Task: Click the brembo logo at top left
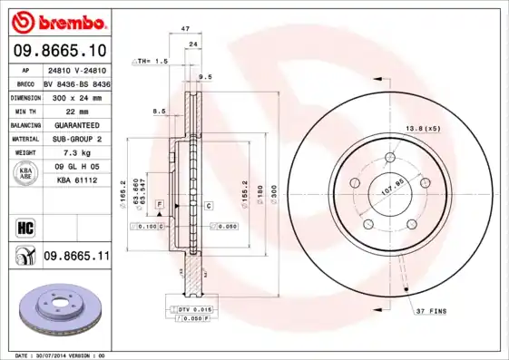(60, 21)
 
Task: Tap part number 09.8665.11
(75, 257)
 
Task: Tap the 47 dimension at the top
(184, 30)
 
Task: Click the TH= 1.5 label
(152, 61)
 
